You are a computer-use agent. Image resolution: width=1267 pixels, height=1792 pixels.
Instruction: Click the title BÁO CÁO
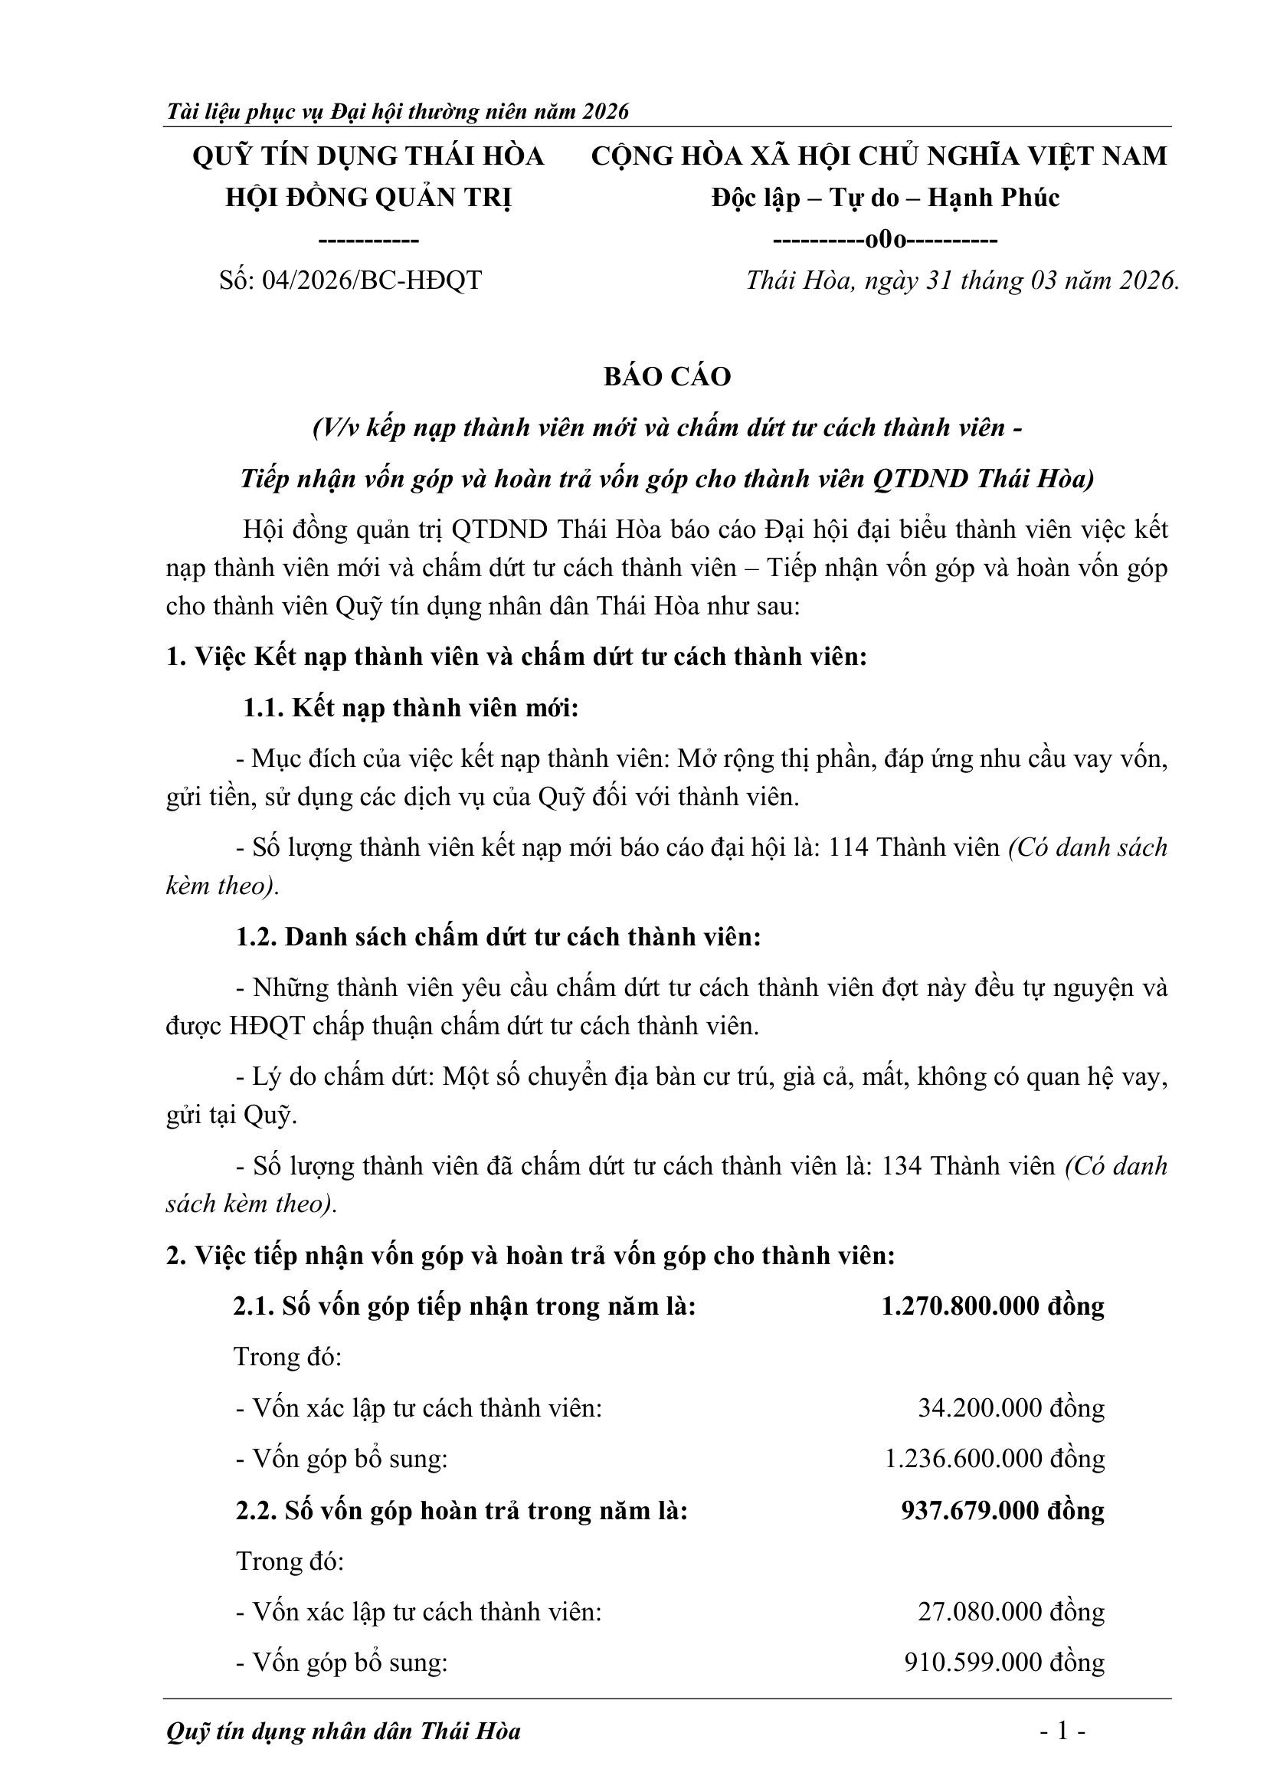(x=667, y=377)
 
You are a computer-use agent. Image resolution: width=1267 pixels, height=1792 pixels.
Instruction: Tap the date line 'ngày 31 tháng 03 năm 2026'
(x=961, y=280)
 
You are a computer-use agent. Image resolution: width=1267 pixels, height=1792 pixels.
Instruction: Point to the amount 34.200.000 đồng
(x=1011, y=1408)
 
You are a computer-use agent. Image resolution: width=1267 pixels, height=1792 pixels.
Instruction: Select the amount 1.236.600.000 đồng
(x=995, y=1459)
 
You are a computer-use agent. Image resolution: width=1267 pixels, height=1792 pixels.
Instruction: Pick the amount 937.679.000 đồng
(x=1003, y=1510)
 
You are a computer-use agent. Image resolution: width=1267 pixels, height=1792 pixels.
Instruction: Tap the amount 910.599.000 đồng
(x=1004, y=1663)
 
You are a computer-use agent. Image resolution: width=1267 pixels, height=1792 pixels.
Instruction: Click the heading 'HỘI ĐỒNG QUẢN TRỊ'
(x=368, y=198)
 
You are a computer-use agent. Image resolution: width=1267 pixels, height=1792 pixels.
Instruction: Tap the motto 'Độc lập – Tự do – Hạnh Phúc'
(x=885, y=198)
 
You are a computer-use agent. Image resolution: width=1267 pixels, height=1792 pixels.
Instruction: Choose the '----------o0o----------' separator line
(x=885, y=240)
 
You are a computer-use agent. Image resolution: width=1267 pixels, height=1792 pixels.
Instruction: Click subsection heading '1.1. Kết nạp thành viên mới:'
(x=411, y=708)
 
